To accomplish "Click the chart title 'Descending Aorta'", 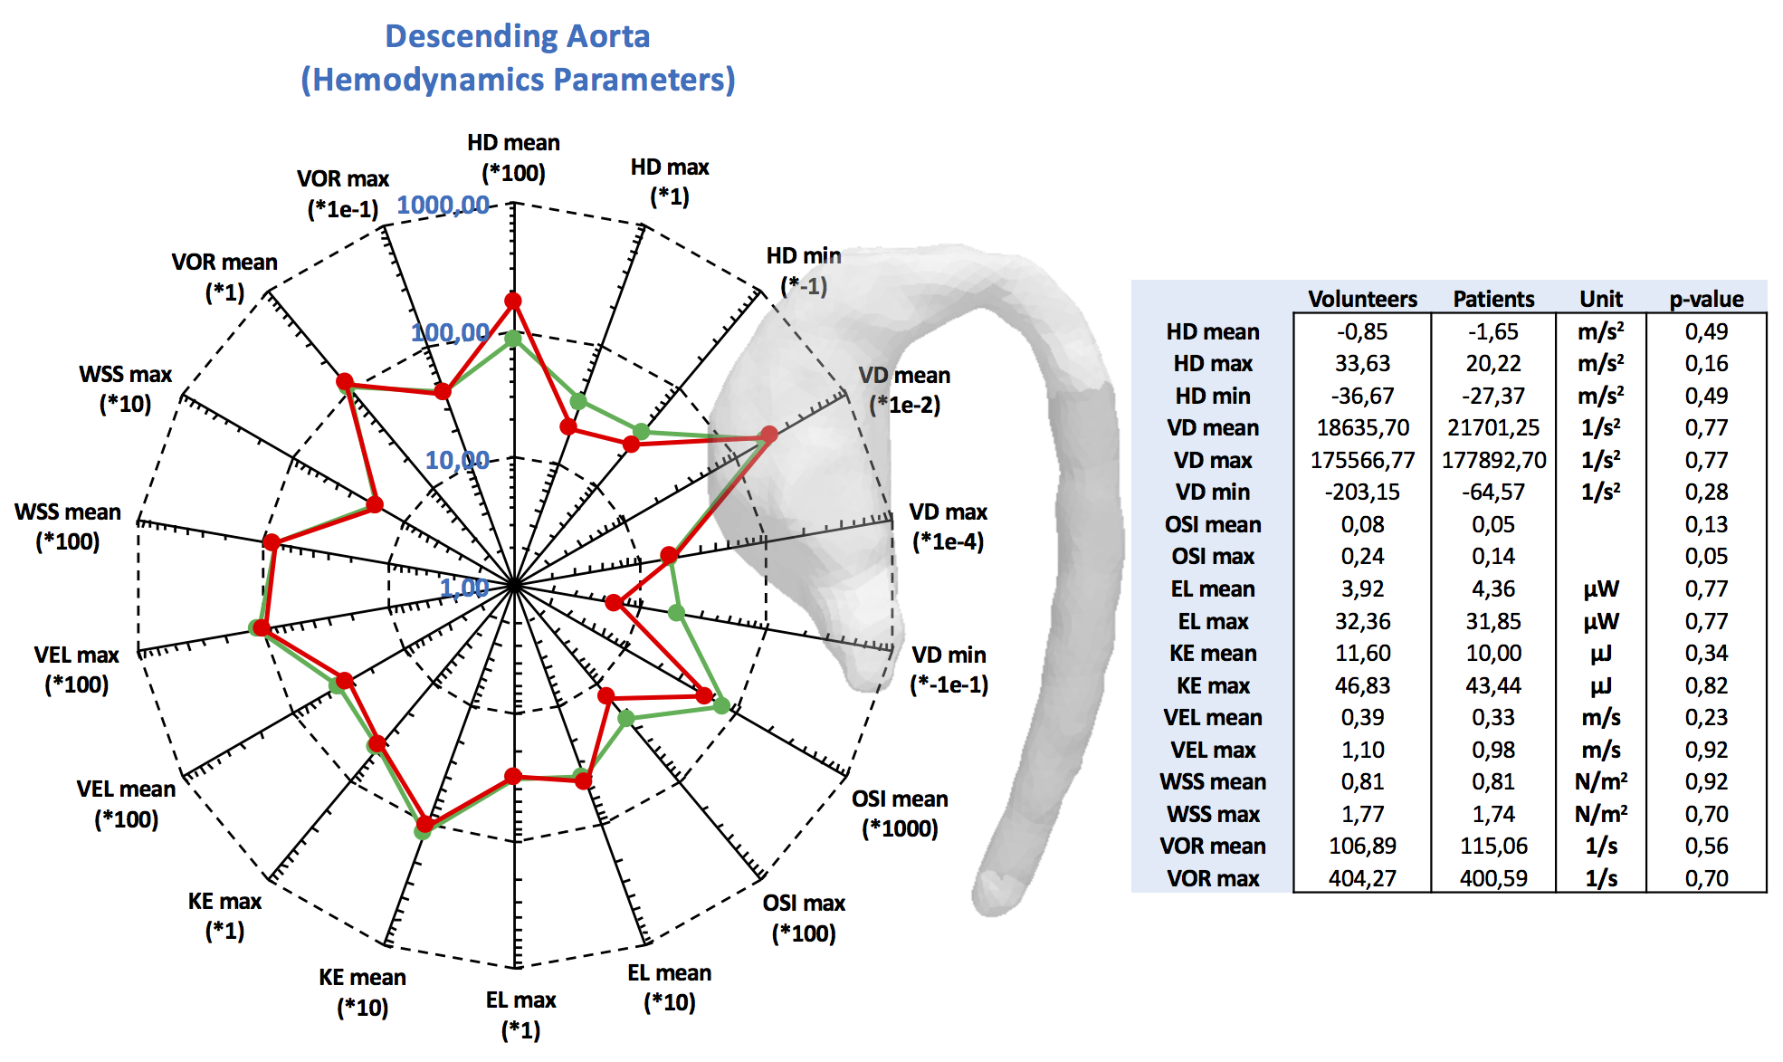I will [517, 36].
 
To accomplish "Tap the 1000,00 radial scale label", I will [443, 205].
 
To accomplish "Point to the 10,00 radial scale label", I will [457, 460].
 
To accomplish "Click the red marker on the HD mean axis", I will [513, 301].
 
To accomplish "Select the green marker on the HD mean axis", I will [513, 339].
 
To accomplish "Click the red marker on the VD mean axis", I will [768, 435].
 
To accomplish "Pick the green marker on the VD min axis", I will [676, 613].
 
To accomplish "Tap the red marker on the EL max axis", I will [513, 776].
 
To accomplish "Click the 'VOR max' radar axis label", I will [343, 194].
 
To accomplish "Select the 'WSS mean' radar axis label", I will [68, 526].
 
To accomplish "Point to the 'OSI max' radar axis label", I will [804, 917].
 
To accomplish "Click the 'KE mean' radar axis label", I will [362, 991].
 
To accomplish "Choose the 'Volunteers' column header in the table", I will [1362, 299].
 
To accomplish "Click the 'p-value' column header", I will [1706, 299].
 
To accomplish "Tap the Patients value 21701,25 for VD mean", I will [1493, 427].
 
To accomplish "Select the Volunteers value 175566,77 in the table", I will [1362, 460].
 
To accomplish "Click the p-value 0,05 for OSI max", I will [1706, 556].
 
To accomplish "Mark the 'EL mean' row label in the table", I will [1213, 588].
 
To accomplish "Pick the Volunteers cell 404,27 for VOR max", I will [1362, 878].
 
